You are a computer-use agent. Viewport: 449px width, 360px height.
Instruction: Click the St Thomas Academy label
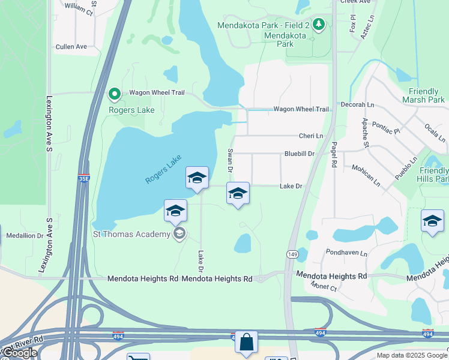point(131,234)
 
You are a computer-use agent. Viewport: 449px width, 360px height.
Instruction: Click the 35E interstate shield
point(84,178)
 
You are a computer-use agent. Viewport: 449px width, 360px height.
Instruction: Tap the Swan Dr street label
point(229,160)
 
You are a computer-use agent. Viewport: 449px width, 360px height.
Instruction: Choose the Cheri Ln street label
point(311,136)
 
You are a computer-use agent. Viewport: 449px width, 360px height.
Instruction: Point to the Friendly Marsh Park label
point(427,95)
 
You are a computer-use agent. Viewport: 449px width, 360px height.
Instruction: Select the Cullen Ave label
point(71,46)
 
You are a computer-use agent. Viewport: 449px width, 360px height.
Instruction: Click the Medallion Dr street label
point(25,236)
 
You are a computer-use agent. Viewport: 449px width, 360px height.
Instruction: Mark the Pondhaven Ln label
point(346,253)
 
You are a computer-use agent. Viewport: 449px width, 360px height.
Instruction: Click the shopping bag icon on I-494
point(246,343)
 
